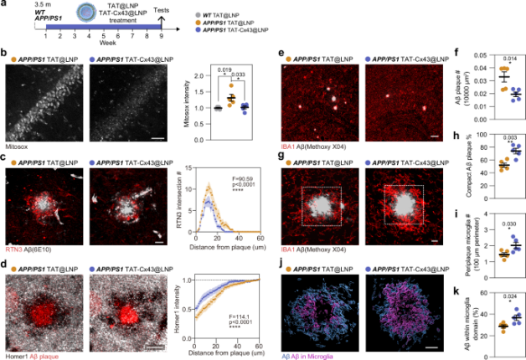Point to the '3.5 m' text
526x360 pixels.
click(x=30, y=8)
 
